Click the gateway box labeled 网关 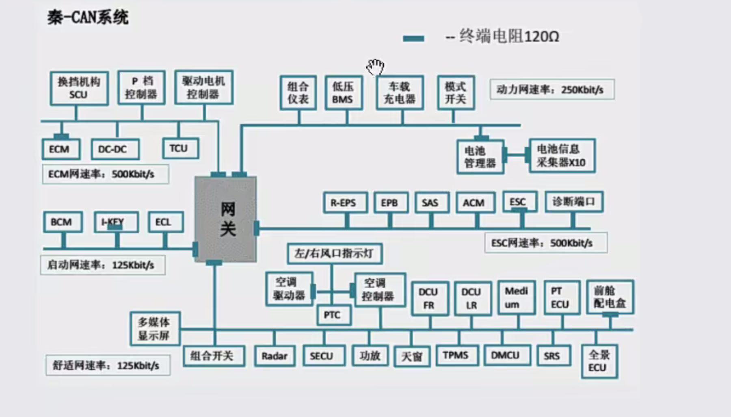(226, 219)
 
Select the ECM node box (61, 149)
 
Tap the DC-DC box (115, 149)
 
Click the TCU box (180, 148)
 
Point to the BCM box (63, 222)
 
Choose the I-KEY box (116, 222)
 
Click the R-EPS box (345, 202)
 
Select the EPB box (391, 202)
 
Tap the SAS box (432, 202)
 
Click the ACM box (475, 202)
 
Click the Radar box (275, 356)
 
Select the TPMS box (457, 355)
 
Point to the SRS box (553, 356)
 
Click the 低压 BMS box (344, 93)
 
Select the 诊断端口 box (574, 202)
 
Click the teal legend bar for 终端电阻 (413, 39)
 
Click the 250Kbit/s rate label (551, 89)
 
